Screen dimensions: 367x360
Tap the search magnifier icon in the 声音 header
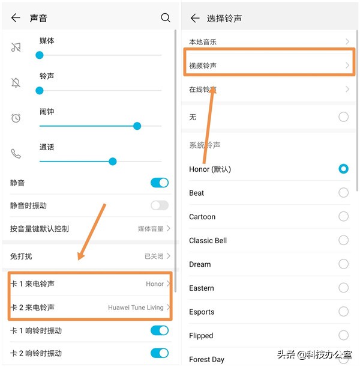click(166, 18)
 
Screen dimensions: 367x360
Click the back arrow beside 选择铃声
click(194, 18)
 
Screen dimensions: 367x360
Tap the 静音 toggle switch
click(160, 183)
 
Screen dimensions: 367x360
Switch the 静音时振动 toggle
click(160, 205)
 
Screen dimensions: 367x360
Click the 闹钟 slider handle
click(137, 126)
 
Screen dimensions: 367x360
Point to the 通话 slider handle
click(112, 161)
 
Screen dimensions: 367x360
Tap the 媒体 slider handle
click(40, 55)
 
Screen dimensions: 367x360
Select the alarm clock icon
click(16, 118)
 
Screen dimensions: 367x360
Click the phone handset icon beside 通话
click(16, 154)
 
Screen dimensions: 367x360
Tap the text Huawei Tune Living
click(136, 308)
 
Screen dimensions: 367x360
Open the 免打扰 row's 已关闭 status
click(154, 256)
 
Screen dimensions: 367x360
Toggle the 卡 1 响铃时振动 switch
click(160, 330)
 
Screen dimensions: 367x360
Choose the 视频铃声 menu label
click(203, 65)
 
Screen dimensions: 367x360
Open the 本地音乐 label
click(203, 42)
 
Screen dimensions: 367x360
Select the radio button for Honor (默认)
click(343, 169)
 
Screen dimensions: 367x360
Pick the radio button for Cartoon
click(343, 216)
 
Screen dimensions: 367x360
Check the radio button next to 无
click(343, 117)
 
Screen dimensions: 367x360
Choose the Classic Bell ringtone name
click(208, 240)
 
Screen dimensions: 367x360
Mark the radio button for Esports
click(343, 311)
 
